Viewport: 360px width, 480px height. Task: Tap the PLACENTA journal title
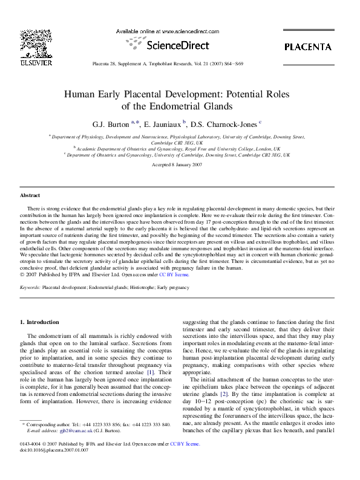coord(307,47)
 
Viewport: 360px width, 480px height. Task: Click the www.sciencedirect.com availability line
coord(166,31)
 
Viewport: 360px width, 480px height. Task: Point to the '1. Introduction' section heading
coord(39,322)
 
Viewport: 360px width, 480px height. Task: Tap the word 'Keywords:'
coord(31,288)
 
